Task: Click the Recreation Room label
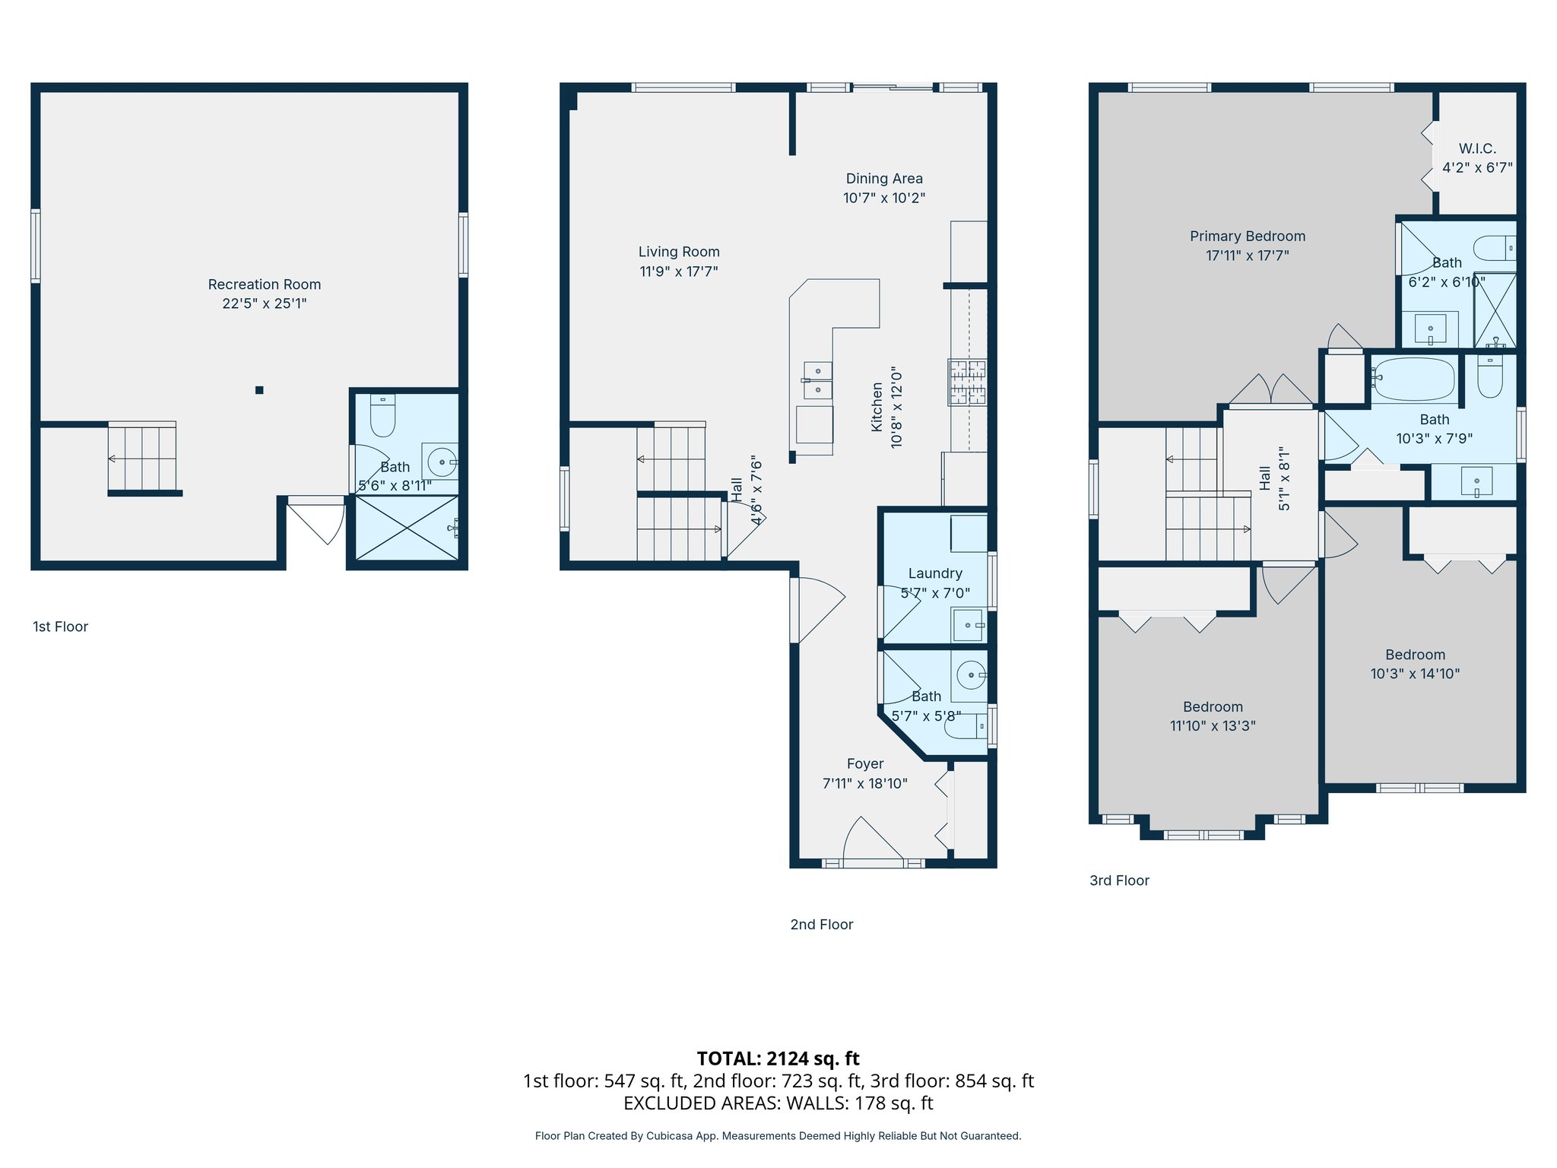264,284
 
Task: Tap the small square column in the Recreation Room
259,390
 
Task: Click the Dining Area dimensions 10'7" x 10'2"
883,198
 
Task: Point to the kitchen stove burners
967,382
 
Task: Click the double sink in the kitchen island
818,380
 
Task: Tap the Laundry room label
934,573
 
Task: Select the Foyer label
864,763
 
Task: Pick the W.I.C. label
1476,148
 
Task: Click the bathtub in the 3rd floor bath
1414,379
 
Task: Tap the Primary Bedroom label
1247,236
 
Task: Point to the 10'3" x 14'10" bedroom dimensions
1414,674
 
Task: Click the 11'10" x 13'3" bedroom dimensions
1212,726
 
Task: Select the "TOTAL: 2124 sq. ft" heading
778,1058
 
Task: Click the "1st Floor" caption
60,627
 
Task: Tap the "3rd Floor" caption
1118,881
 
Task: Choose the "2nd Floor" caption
821,925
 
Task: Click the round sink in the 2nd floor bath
970,674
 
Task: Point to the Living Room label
678,252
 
